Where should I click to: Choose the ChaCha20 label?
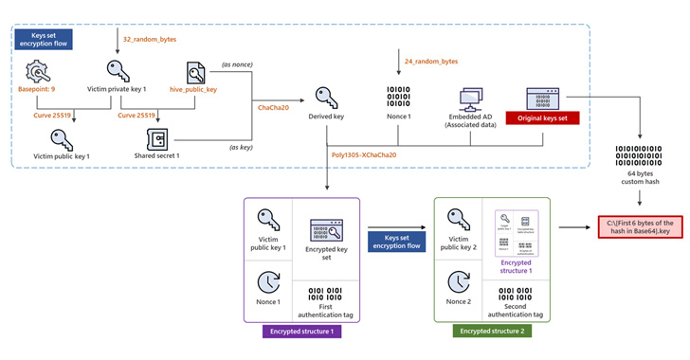click(x=275, y=108)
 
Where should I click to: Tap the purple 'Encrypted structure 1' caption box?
click(x=300, y=333)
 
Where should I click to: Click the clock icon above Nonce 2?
click(x=457, y=281)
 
